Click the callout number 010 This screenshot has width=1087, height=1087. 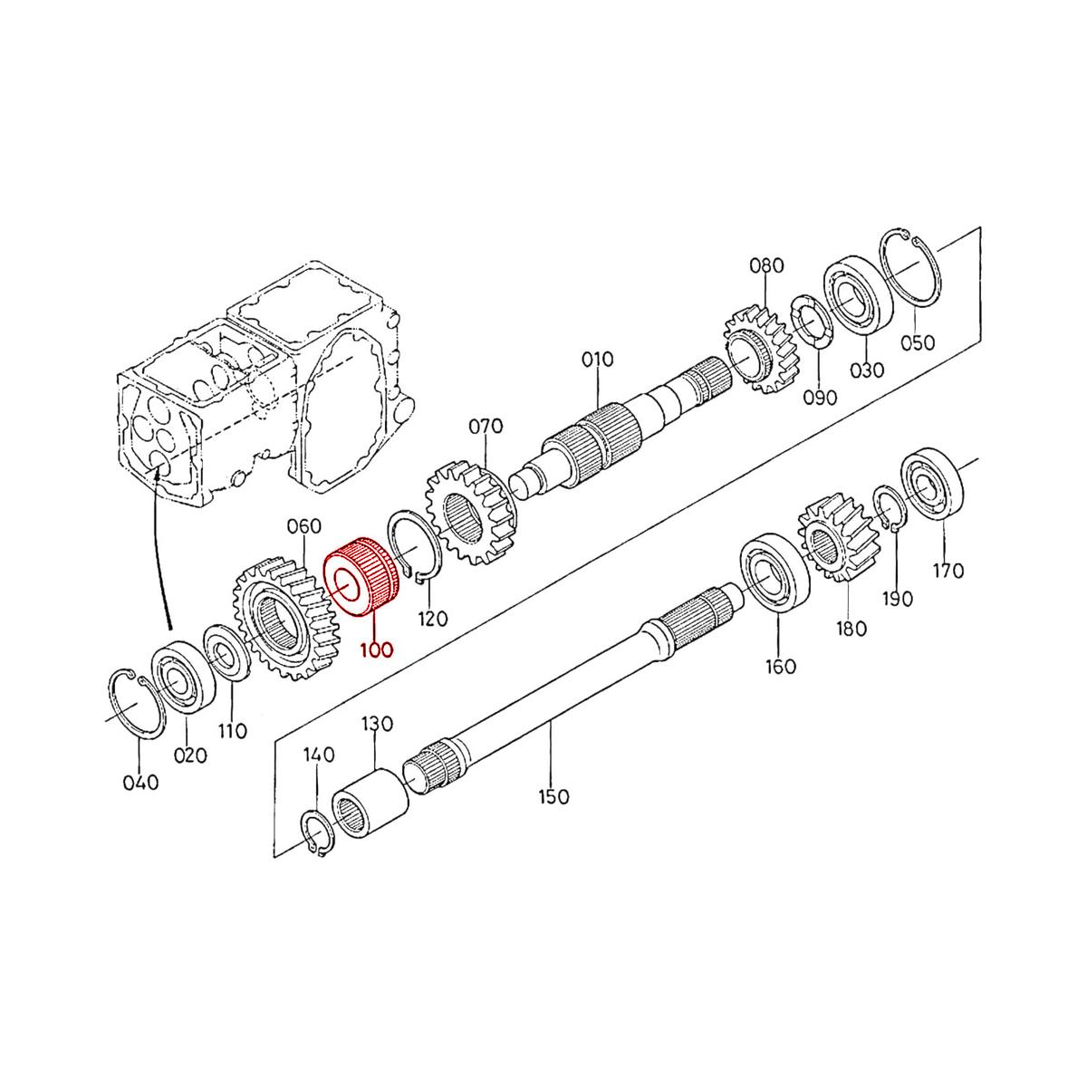[x=597, y=359]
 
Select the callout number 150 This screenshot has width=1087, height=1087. [x=553, y=797]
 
